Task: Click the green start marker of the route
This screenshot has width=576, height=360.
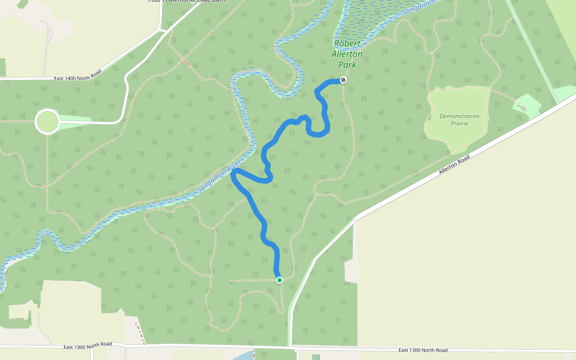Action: tap(279, 280)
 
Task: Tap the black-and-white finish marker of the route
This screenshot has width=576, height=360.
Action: tap(343, 80)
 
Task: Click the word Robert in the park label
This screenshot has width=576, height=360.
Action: tap(347, 44)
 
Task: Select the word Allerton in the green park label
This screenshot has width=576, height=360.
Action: tap(347, 54)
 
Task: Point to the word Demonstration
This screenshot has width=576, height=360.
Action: tap(459, 116)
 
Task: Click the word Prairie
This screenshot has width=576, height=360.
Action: tap(460, 123)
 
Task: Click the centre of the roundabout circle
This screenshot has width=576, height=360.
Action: tap(47, 122)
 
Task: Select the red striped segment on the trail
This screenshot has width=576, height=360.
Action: tap(187, 62)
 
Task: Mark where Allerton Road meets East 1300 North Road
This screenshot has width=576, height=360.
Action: tap(291, 347)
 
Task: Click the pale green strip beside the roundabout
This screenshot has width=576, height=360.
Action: tap(75, 119)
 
